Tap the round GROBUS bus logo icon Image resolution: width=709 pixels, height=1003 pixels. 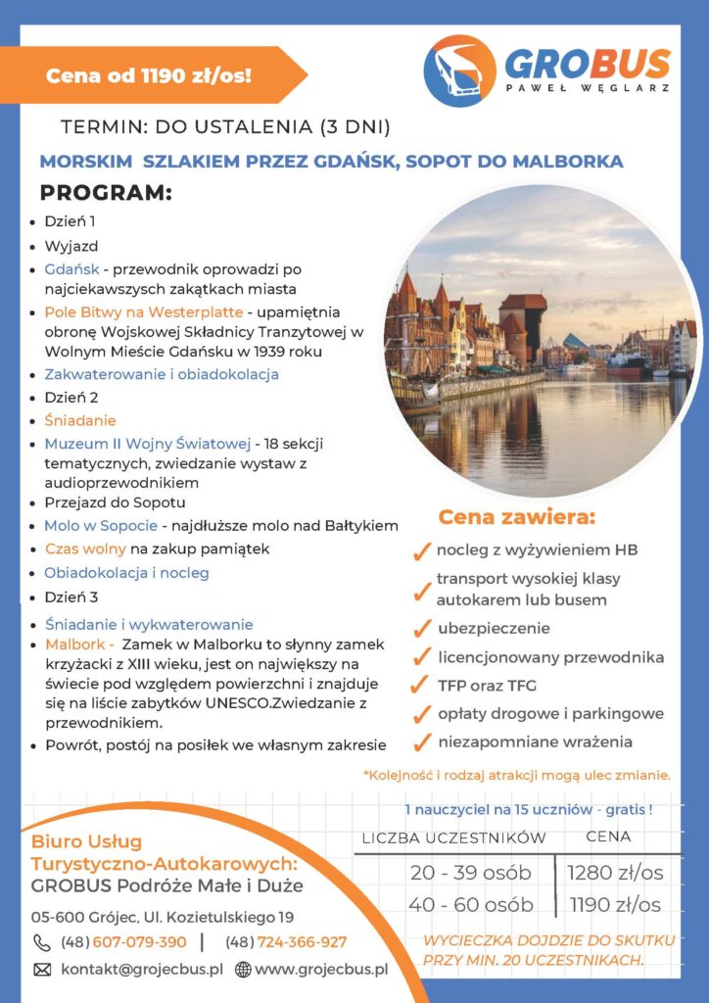pyautogui.click(x=459, y=71)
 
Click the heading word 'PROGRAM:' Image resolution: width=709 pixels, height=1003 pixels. pyautogui.click(x=106, y=193)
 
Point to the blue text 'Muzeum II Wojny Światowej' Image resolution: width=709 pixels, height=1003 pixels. pyautogui.click(x=147, y=444)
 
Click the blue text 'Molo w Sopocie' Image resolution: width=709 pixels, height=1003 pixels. pyautogui.click(x=101, y=525)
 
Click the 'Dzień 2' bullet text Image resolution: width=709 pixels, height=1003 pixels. pyautogui.click(x=71, y=398)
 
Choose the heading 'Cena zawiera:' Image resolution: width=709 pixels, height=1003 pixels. pyautogui.click(x=516, y=516)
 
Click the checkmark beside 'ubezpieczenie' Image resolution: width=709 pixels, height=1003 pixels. pyautogui.click(x=422, y=629)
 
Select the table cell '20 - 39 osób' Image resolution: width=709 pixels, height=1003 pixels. pyautogui.click(x=470, y=872)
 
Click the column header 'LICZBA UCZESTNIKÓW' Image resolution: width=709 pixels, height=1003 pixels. pyautogui.click(x=453, y=838)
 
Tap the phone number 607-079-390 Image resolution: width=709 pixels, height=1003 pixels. pyautogui.click(x=123, y=942)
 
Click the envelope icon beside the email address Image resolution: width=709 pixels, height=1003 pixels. pyautogui.click(x=42, y=970)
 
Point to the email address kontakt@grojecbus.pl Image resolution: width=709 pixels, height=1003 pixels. pyautogui.click(x=142, y=970)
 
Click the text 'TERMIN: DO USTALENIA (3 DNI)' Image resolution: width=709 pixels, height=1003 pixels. pyautogui.click(x=225, y=127)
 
